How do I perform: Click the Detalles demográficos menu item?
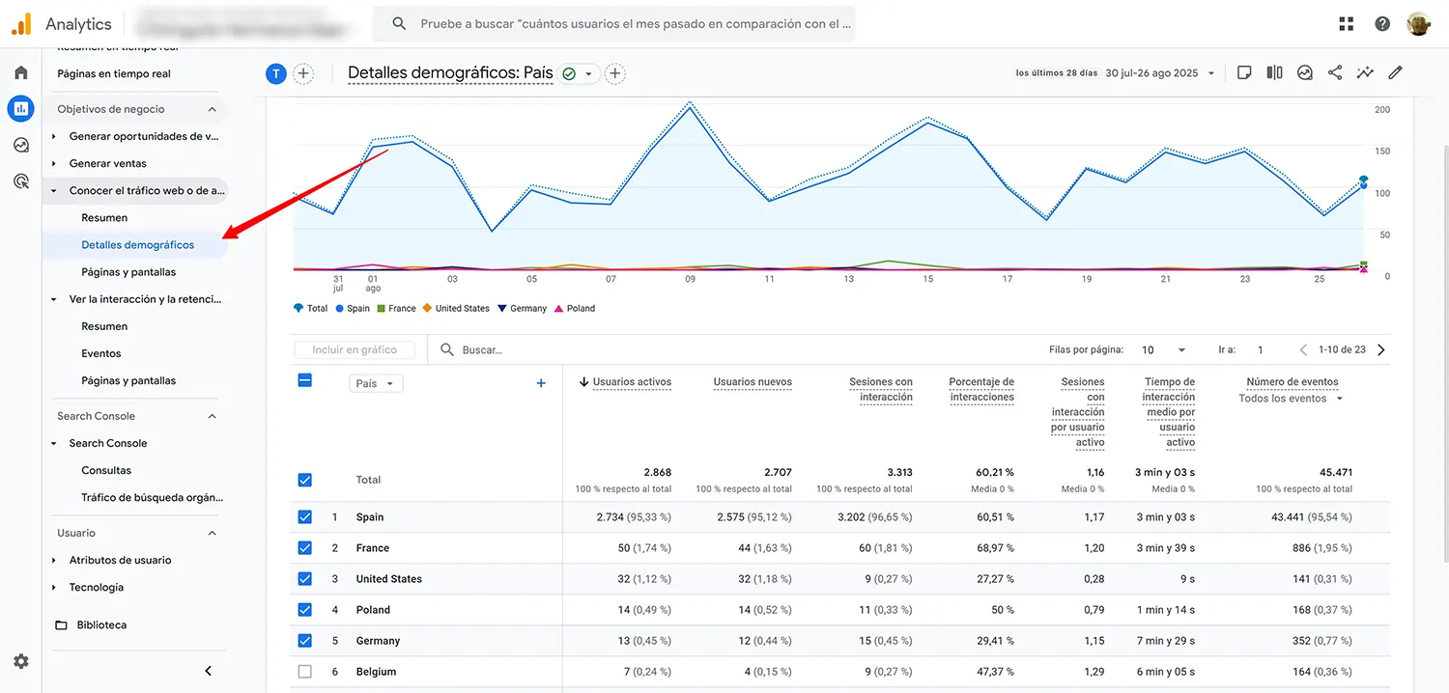137,245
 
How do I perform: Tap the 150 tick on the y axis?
1381,152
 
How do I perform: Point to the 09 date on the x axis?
690,279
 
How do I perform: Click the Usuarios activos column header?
632,382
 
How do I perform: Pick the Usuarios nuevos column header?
753,382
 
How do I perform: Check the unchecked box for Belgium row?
305,672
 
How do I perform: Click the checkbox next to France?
305,548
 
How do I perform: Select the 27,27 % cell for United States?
995,579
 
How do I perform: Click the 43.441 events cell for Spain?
1311,517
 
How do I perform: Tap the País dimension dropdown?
376,383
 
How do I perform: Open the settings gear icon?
21,661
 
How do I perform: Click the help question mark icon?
1382,24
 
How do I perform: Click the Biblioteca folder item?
101,625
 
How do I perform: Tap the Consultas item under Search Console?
106,471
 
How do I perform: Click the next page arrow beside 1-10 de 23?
1381,350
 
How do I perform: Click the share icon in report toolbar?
1335,72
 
